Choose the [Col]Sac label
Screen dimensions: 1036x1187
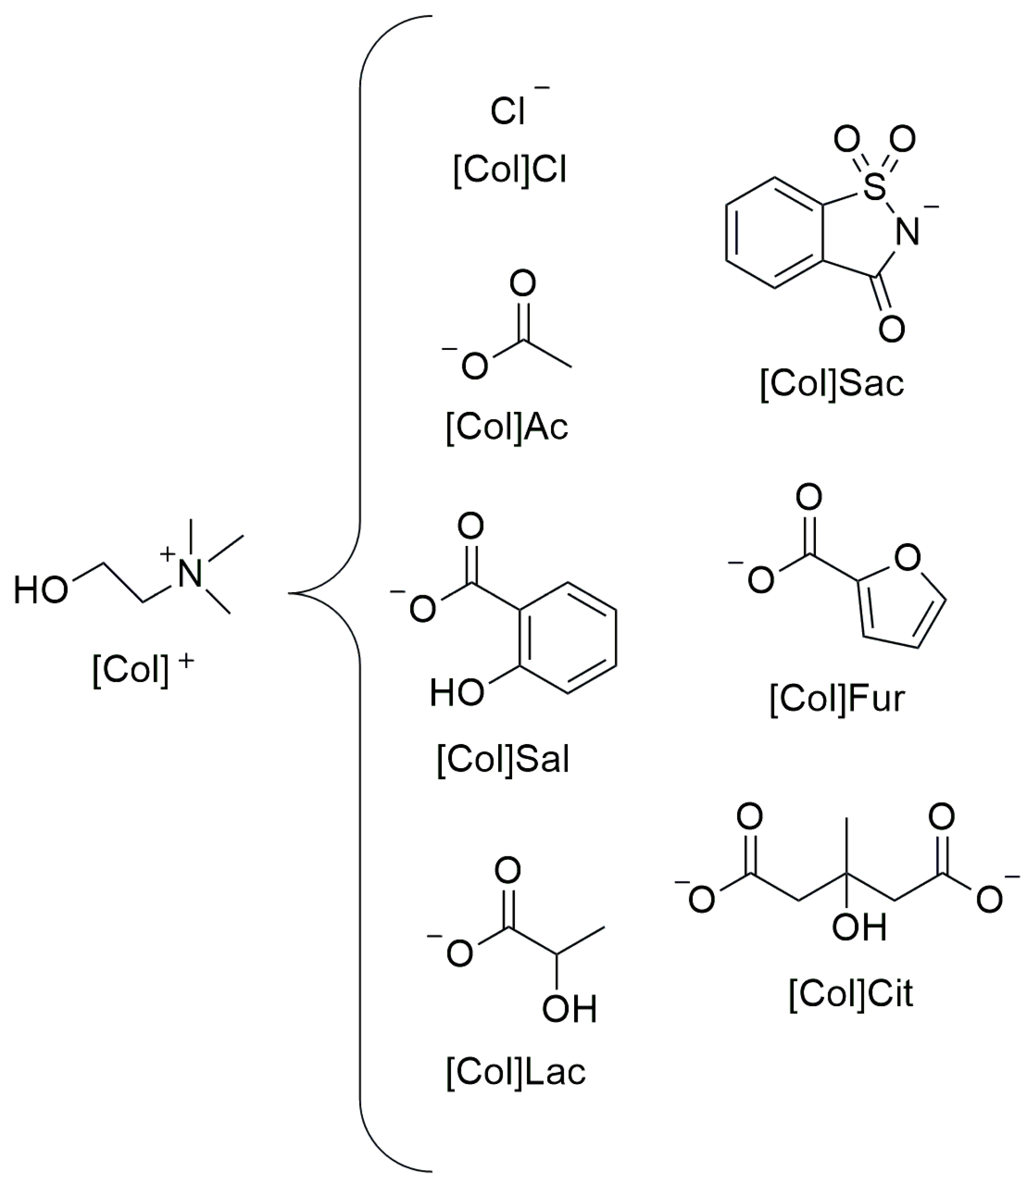click(x=831, y=383)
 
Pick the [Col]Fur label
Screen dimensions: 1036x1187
click(x=837, y=698)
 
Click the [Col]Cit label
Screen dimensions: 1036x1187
click(x=850, y=993)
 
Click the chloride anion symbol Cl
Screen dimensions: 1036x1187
click(x=508, y=111)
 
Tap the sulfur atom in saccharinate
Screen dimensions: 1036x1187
click(x=875, y=187)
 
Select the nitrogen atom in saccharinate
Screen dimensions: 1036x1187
click(x=907, y=233)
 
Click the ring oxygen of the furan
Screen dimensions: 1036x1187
click(x=907, y=557)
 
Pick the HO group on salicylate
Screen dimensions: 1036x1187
click(x=456, y=692)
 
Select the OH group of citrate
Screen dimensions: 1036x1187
click(x=859, y=927)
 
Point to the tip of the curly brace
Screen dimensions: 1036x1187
click(x=290, y=593)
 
